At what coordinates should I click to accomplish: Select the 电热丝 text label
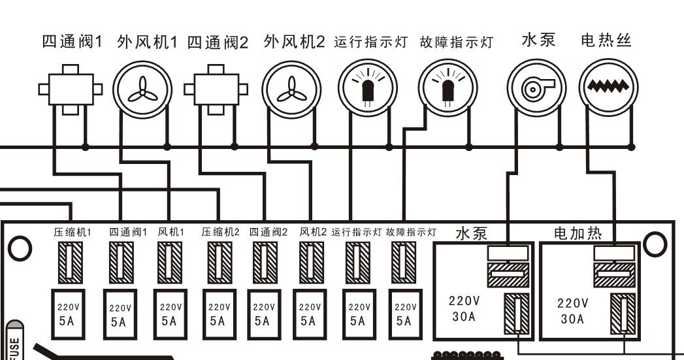tap(606, 41)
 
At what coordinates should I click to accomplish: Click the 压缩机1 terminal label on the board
tap(72, 232)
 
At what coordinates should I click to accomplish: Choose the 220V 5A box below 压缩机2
tap(218, 312)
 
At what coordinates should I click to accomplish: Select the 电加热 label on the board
tap(578, 233)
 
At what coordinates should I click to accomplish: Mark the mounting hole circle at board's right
tap(655, 244)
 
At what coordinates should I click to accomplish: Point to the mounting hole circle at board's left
tap(20, 248)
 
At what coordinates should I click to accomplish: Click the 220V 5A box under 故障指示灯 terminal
tap(405, 313)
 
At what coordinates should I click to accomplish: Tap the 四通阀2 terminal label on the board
tap(268, 232)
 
